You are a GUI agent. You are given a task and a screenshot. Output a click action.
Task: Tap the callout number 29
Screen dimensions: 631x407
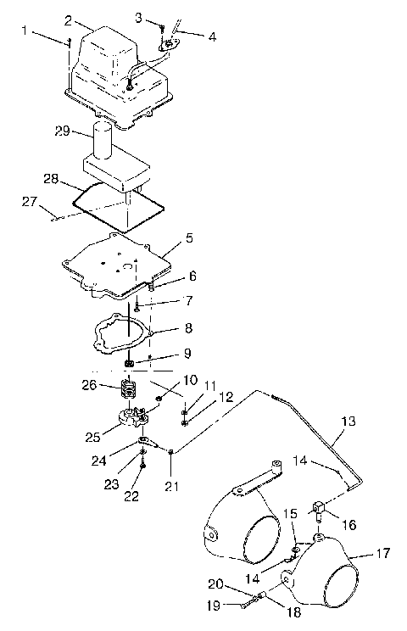point(61,131)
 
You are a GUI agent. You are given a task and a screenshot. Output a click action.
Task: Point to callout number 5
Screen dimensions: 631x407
point(189,239)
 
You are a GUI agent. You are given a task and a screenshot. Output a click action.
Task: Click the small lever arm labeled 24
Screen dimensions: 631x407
point(148,442)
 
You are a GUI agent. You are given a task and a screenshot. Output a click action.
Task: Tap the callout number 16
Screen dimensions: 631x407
point(347,526)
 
